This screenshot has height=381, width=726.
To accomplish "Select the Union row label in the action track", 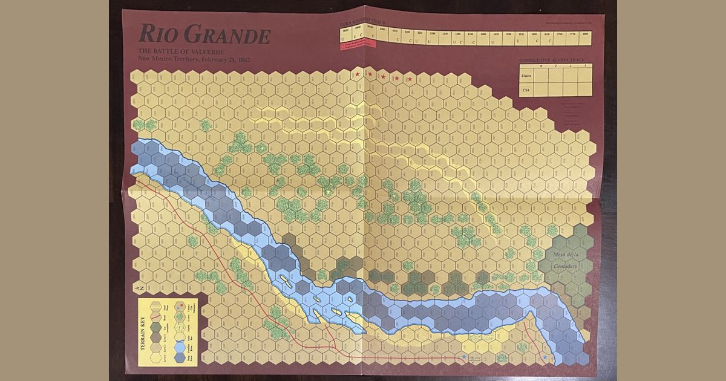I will pos(527,76).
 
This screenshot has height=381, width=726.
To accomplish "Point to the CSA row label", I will pos(526,90).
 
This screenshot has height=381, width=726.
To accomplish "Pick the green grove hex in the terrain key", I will pos(180,316).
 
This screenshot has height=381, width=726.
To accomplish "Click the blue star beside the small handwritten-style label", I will pos(464,357).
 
